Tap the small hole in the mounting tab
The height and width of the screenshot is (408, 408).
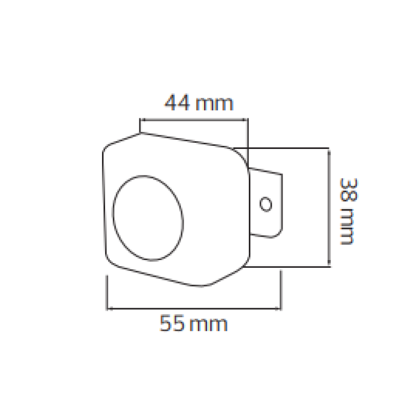[266, 204]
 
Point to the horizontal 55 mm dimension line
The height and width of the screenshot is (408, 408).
[194, 308]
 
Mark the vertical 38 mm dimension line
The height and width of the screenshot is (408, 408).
[329, 207]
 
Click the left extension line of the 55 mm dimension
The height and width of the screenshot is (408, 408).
[107, 293]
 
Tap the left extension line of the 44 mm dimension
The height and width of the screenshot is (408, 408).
[140, 125]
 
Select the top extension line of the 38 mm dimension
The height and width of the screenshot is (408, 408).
[286, 148]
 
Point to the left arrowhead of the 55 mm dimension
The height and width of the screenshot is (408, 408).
[109, 308]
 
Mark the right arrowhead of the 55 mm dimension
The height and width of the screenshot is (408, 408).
[278, 308]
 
